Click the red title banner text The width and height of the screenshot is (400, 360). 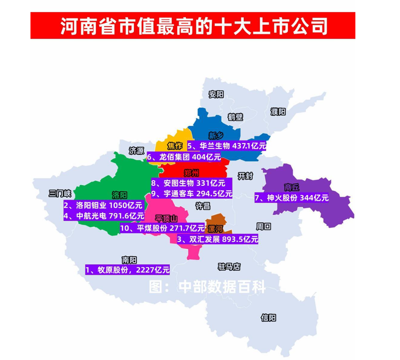(193, 26)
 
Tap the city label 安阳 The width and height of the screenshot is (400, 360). (216, 95)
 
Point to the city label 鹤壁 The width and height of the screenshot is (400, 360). (236, 117)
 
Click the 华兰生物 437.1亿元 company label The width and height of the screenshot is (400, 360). (226, 146)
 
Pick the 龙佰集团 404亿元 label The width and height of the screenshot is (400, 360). (184, 157)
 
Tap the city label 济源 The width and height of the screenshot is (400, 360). (136, 151)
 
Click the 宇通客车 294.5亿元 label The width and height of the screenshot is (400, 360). (192, 194)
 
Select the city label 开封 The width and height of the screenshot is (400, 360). (245, 176)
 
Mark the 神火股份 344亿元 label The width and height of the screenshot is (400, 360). (292, 197)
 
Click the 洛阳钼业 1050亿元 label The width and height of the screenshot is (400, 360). (103, 206)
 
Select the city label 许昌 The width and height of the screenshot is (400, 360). (202, 206)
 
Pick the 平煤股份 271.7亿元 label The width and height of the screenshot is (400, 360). (162, 229)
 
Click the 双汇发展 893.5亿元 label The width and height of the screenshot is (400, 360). (217, 240)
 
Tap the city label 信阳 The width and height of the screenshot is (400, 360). (268, 318)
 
